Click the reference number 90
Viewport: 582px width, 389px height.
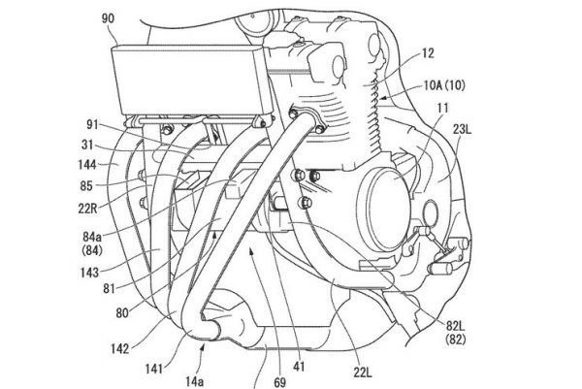[108, 18]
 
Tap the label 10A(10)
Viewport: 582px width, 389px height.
[444, 85]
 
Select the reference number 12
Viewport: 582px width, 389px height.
[427, 53]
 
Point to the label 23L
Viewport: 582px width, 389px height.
[462, 130]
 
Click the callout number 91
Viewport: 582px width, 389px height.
[92, 124]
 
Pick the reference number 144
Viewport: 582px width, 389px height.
[87, 165]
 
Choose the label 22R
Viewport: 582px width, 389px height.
[87, 209]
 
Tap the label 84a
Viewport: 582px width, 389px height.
[92, 237]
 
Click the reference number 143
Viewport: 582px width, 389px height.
[89, 274]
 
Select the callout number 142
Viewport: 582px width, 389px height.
[120, 348]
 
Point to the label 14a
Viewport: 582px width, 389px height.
[194, 381]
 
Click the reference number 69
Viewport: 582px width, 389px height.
[280, 382]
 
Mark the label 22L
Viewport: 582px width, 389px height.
[362, 373]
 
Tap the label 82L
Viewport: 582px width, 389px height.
[456, 326]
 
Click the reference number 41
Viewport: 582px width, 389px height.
[299, 367]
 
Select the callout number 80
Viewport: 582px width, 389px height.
[122, 313]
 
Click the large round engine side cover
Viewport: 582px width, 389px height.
[383, 209]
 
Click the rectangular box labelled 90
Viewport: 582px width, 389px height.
[190, 80]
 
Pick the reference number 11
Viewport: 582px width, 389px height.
[443, 108]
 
